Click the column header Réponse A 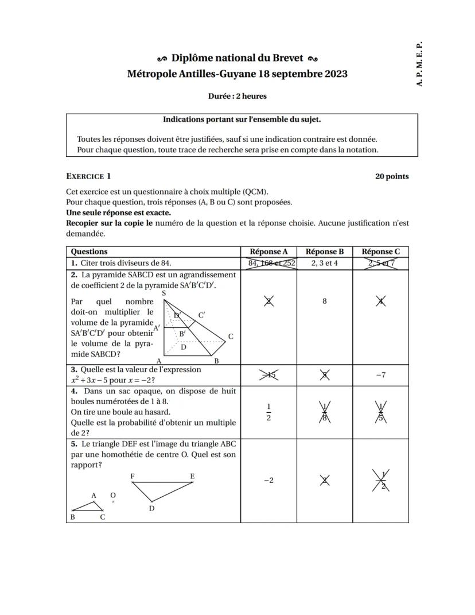(x=268, y=252)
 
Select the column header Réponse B (x=325, y=252)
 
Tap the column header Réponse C (x=381, y=252)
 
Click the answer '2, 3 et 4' (x=325, y=263)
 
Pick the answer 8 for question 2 (x=325, y=301)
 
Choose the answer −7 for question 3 (x=381, y=375)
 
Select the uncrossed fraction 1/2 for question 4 (x=268, y=412)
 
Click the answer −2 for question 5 (x=268, y=481)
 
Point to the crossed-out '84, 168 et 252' (x=268, y=263)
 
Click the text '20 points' (x=392, y=176)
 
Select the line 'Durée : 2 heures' (x=237, y=96)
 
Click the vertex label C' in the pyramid (x=201, y=315)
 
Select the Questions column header (x=89, y=252)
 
